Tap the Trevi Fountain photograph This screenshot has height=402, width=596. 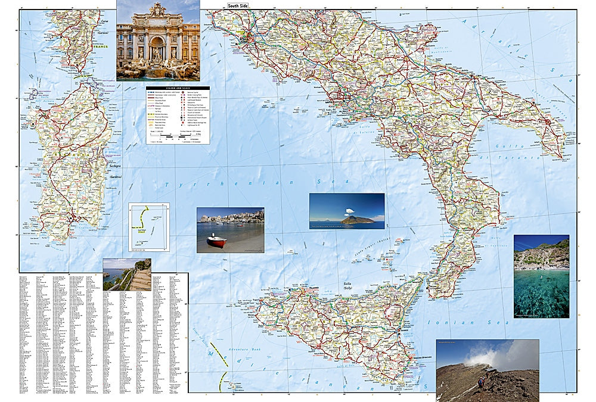158,40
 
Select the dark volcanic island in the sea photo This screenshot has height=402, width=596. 357,220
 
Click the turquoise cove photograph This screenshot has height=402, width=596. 541,276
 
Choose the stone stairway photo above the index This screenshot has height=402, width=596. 126,275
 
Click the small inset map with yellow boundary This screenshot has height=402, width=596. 149,227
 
